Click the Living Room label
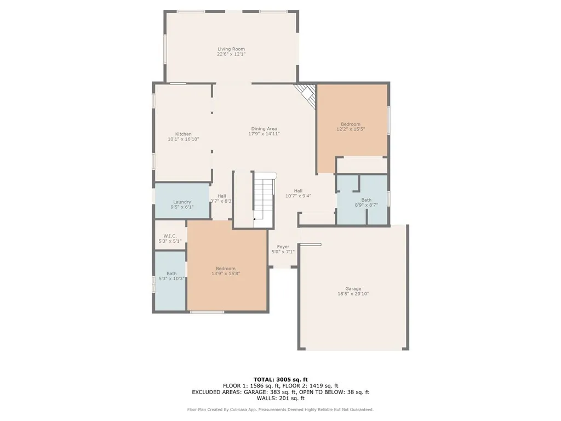pyautogui.click(x=231, y=49)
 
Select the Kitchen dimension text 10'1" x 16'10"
pyautogui.click(x=184, y=139)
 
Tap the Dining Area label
pyautogui.click(x=264, y=128)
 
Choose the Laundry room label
pyautogui.click(x=182, y=202)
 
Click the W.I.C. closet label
pyautogui.click(x=170, y=236)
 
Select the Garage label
pyautogui.click(x=353, y=288)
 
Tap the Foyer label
pyautogui.click(x=283, y=247)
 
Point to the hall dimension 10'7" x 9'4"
pyautogui.click(x=298, y=196)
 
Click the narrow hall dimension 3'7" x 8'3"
pyautogui.click(x=221, y=201)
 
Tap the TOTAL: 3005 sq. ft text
pyautogui.click(x=280, y=379)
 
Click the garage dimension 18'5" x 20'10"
pyautogui.click(x=353, y=294)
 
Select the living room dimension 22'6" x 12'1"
pyautogui.click(x=231, y=54)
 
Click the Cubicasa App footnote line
pyautogui.click(x=280, y=409)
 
